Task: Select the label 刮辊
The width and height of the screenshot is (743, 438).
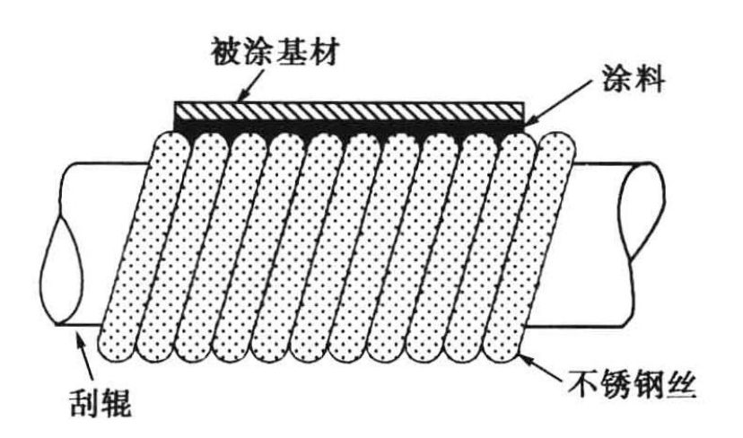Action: tap(101, 404)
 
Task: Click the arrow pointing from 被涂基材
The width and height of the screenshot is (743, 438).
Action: tap(247, 85)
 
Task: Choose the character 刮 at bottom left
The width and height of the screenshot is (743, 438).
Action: tap(82, 404)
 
